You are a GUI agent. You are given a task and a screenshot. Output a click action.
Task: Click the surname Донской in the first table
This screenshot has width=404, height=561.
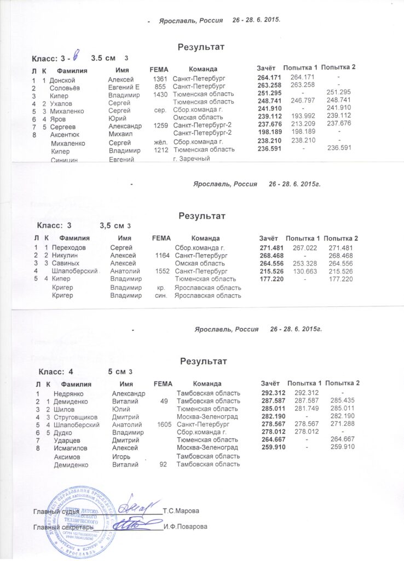pos(62,79)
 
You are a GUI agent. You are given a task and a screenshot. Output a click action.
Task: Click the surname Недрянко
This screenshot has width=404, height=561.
pos(69,393)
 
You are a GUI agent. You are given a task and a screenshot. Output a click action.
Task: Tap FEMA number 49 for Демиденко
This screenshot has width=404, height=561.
pos(164,401)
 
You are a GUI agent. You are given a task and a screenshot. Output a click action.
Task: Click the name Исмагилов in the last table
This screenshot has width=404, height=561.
pos(71,448)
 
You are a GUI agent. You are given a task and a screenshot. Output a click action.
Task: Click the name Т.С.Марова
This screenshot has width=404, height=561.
pos(181,511)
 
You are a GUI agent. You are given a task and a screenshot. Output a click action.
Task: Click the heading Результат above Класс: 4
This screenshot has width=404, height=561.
pos(202,361)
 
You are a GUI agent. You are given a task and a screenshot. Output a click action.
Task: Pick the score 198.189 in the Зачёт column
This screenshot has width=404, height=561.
pos(269,132)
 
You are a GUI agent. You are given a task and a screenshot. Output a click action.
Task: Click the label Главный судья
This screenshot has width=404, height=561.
pos(53,511)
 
